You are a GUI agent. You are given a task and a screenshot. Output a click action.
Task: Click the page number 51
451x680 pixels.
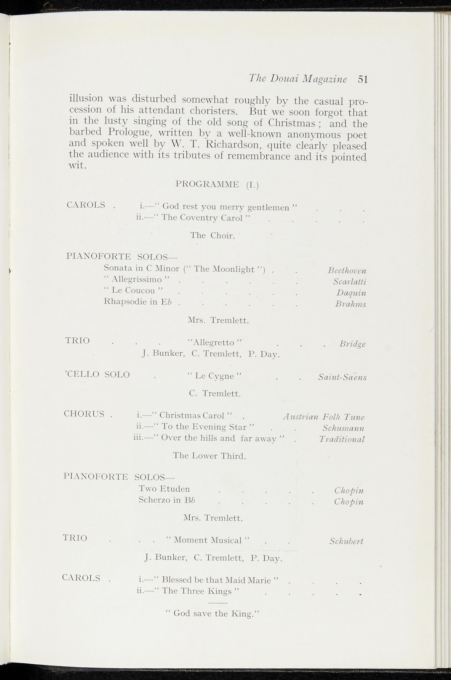363,79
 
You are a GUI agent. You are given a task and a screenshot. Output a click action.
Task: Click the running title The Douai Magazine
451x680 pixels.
298,79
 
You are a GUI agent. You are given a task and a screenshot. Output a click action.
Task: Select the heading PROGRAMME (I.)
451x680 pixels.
217,184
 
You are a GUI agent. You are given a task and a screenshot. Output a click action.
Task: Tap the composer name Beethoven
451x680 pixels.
347,271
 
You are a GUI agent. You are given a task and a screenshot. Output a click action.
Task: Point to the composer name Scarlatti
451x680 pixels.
350,282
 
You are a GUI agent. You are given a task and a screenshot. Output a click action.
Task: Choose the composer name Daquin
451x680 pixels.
351,293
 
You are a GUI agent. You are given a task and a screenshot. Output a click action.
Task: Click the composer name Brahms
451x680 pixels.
351,304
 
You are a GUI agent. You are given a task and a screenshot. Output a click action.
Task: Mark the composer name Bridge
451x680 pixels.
352,344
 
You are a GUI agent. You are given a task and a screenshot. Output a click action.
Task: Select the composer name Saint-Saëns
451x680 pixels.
342,377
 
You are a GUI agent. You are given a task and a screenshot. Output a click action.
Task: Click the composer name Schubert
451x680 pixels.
346,542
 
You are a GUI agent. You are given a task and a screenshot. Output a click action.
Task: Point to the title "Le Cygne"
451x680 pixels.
214,376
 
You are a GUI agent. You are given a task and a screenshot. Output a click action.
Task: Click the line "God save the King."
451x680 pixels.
212,614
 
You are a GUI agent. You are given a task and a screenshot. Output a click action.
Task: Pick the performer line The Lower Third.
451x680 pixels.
209,456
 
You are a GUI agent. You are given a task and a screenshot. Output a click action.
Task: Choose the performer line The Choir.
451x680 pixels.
213,236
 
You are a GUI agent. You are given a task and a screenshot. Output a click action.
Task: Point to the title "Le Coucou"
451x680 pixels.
134,291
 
